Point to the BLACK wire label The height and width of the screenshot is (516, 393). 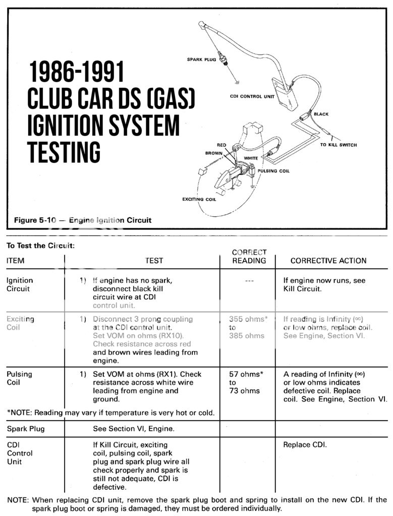321,114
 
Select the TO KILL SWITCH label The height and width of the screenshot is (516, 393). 338,145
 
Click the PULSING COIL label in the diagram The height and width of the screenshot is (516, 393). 273,171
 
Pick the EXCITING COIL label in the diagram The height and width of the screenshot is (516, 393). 199,200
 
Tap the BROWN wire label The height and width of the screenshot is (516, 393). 214,153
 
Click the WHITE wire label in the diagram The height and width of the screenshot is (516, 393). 251,158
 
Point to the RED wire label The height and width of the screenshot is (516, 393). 221,145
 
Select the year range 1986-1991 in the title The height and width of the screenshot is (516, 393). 76,73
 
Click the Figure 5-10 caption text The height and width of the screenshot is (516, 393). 82,220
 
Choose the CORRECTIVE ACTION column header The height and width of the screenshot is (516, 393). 328,261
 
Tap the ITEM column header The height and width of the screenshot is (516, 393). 15,261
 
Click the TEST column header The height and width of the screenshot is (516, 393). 154,261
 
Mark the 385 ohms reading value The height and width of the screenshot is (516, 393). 246,336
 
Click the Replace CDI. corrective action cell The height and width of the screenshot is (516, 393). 305,445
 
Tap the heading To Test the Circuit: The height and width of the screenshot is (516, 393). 40,246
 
